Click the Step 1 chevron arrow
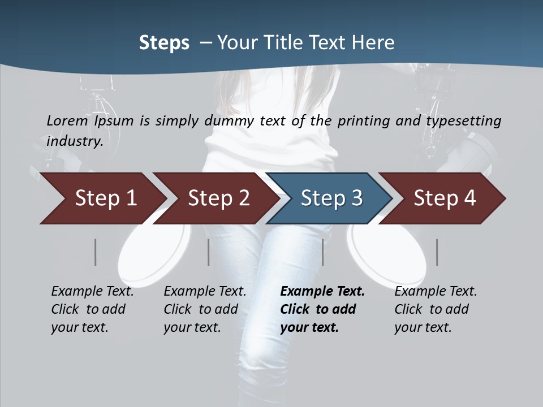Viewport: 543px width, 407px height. [x=105, y=198]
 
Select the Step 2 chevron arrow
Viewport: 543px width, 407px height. [x=218, y=198]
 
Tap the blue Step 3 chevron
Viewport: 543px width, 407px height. [x=331, y=198]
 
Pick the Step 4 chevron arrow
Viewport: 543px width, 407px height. [x=445, y=198]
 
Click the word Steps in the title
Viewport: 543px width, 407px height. [x=164, y=43]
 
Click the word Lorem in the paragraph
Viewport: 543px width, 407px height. [x=67, y=121]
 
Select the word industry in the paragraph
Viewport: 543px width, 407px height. [x=74, y=141]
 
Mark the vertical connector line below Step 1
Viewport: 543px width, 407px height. [x=96, y=252]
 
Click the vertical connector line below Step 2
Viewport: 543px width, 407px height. [x=209, y=252]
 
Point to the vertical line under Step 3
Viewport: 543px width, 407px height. [x=323, y=252]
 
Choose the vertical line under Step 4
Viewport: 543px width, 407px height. [x=437, y=252]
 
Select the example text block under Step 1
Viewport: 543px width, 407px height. [x=92, y=309]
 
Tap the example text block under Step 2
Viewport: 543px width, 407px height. [x=205, y=309]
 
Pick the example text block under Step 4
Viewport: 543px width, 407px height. [x=436, y=309]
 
